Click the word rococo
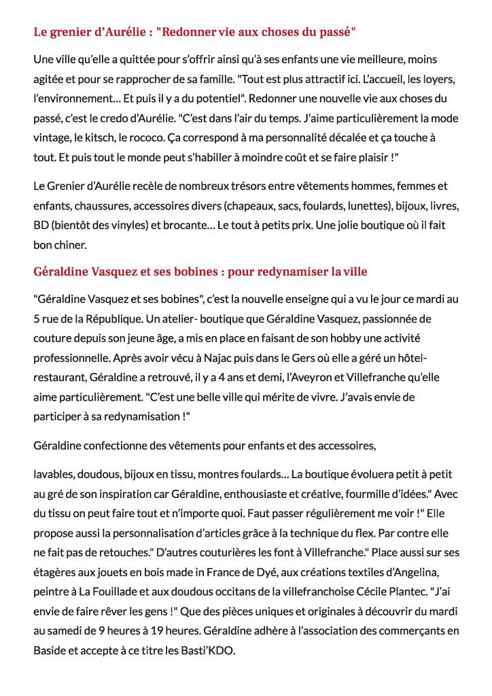(x=137, y=137)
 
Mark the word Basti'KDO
(x=207, y=651)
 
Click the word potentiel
(x=169, y=98)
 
